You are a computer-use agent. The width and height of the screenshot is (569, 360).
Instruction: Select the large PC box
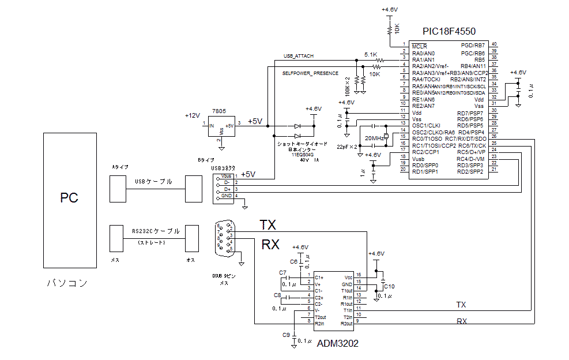69,200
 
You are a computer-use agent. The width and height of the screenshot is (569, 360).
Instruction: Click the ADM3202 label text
338,343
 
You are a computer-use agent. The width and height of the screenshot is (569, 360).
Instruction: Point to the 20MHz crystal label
375,139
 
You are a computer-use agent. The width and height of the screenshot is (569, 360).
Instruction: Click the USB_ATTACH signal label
299,56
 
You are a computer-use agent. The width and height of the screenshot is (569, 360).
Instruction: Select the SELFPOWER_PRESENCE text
310,74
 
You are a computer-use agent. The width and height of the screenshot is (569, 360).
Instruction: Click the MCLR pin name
419,46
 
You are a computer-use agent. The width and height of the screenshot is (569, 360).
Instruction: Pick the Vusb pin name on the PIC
419,159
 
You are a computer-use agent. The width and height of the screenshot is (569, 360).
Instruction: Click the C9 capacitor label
286,335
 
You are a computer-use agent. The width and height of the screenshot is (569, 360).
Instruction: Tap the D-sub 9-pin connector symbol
223,237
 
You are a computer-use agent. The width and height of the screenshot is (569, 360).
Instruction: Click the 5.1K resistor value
371,54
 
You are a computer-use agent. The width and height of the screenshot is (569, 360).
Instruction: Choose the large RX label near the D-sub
270,245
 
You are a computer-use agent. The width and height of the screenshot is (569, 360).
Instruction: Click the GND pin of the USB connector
227,196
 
